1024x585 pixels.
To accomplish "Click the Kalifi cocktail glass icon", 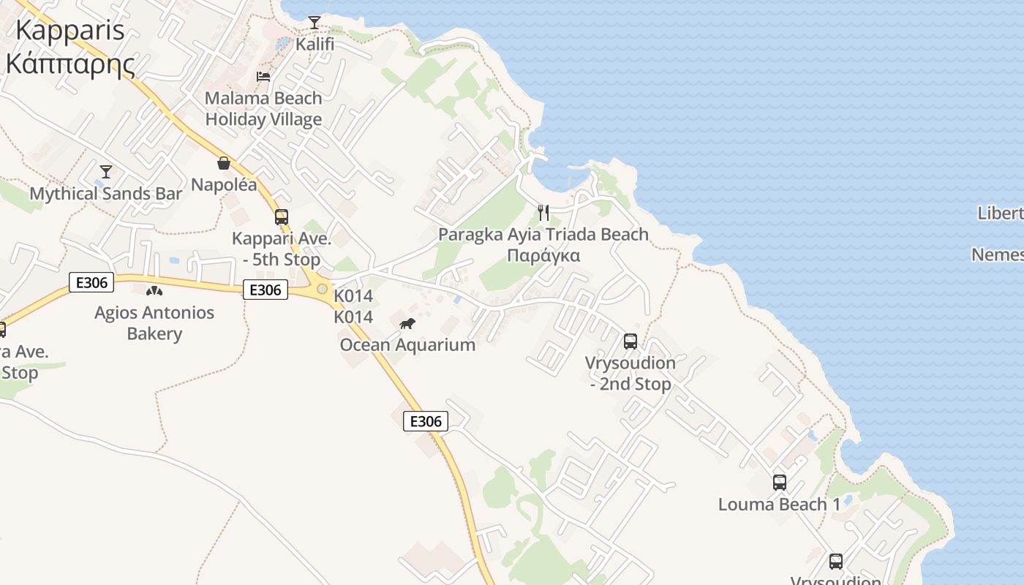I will (315, 23).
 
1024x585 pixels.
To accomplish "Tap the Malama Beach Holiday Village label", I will (263, 108).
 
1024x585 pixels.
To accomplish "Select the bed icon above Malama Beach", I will (263, 76).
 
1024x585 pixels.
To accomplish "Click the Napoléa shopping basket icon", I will (224, 163).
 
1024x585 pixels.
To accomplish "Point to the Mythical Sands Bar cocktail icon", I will (106, 172).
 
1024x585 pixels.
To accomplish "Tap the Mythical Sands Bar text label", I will (106, 194).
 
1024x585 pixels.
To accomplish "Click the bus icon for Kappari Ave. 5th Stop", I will (282, 217).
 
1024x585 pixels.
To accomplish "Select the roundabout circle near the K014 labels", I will (322, 289).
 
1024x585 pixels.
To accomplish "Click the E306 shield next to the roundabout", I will (265, 290).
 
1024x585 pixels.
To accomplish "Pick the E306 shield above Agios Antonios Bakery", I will (91, 282).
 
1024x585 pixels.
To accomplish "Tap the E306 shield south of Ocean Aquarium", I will (426, 421).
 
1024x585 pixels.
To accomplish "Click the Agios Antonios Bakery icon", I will (154, 291).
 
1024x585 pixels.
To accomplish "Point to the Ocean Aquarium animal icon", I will (407, 323).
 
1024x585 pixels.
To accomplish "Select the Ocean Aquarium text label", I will (407, 344).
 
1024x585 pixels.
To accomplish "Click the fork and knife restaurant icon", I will (543, 213).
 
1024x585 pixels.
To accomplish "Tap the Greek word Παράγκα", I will (543, 256).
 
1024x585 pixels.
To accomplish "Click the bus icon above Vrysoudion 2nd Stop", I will (630, 341).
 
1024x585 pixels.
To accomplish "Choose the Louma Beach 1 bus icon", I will (780, 483).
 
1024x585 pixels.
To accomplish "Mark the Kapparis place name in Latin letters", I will (69, 31).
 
